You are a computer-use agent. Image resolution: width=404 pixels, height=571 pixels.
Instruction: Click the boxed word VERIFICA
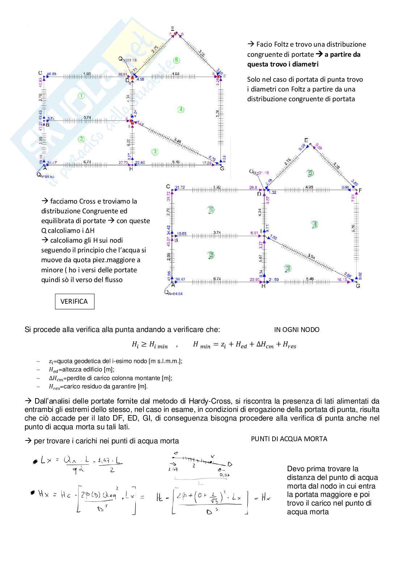(x=74, y=302)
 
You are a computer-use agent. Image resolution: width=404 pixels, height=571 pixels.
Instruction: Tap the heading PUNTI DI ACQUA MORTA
(x=289, y=439)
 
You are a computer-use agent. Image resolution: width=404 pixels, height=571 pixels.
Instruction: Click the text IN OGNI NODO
(x=296, y=330)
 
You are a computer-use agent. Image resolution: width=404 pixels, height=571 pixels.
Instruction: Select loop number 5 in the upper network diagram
(x=176, y=60)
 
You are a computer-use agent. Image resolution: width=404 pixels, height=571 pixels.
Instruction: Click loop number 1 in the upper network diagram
(x=81, y=96)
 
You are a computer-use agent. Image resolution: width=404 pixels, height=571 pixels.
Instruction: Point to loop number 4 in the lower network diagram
(x=315, y=225)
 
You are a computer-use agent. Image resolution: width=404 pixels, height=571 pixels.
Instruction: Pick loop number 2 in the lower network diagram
(x=211, y=255)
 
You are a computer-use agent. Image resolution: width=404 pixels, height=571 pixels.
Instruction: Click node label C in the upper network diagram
(x=40, y=73)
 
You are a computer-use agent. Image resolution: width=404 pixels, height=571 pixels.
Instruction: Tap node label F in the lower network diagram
(x=360, y=190)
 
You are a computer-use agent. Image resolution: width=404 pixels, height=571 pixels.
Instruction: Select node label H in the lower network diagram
(x=263, y=286)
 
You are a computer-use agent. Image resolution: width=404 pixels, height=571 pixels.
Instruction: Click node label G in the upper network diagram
(x=222, y=169)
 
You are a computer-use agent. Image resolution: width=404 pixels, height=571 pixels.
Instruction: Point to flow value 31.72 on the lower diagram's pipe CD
(x=180, y=187)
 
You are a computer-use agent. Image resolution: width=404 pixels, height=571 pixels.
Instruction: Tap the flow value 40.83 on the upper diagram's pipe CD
(x=51, y=74)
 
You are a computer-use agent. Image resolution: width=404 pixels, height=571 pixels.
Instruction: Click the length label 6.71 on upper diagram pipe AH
(x=87, y=162)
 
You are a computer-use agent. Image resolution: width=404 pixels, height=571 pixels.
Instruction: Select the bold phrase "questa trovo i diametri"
(x=283, y=64)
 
